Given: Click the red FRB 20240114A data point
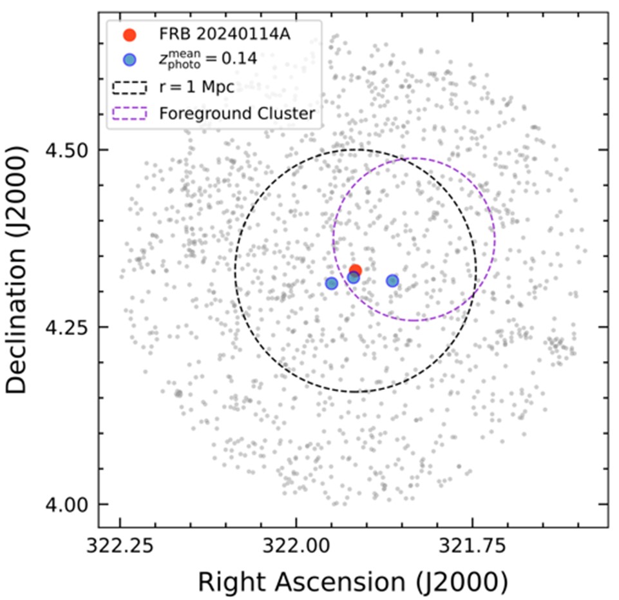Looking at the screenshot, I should (x=355, y=271).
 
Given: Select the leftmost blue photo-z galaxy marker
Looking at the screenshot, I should (x=331, y=283).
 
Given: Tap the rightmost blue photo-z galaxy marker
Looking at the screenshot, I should (x=392, y=280).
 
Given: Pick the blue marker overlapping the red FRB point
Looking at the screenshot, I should (x=353, y=278).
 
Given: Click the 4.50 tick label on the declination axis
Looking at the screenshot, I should (x=71, y=150).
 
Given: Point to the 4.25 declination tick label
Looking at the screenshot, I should (x=71, y=327).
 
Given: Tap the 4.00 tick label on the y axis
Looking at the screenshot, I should (x=71, y=505).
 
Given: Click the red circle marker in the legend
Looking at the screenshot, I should (x=130, y=35).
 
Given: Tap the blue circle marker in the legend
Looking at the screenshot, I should (x=130, y=59).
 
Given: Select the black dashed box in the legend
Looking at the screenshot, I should (x=130, y=86).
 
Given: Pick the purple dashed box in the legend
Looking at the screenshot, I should (x=130, y=113).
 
